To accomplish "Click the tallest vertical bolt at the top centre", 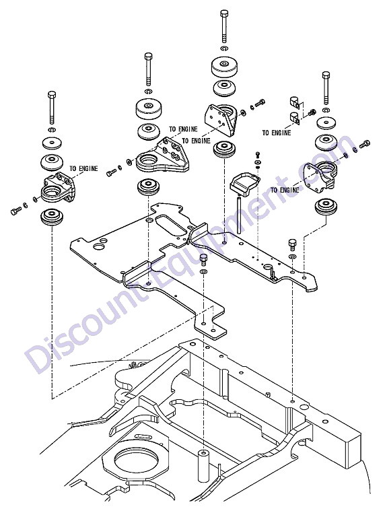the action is point(224,26).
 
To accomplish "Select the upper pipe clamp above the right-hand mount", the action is point(295,102).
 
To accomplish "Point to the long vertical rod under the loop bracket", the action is point(240,214).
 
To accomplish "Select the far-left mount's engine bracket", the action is point(59,188).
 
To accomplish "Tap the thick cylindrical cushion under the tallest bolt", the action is point(224,68).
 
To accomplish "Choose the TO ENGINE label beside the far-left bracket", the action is point(83,168).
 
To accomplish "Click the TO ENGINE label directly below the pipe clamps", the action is point(277,133).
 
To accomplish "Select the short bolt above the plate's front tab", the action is point(204,259).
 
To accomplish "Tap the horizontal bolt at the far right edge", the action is point(365,144).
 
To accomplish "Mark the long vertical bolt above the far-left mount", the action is point(52,107).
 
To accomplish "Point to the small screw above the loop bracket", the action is point(257,154).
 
